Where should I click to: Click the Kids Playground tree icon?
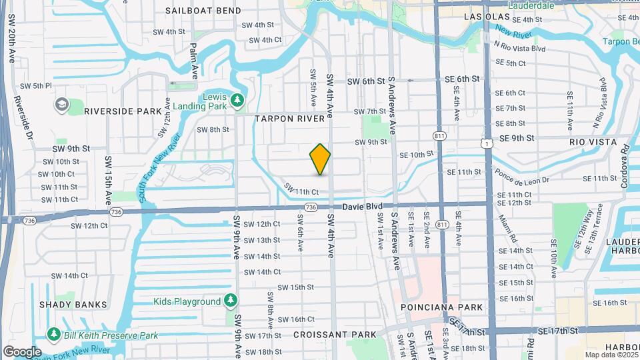coord(231,301)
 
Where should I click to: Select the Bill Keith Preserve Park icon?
coord(53,333)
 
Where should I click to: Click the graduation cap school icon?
coord(62,105)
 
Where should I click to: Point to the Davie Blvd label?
coord(363,207)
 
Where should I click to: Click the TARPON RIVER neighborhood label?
coord(293,118)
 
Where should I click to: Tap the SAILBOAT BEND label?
coord(194,11)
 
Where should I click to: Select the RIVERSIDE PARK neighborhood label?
coord(123,111)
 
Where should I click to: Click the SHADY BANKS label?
coord(73,305)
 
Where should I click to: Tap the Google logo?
coord(21,351)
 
